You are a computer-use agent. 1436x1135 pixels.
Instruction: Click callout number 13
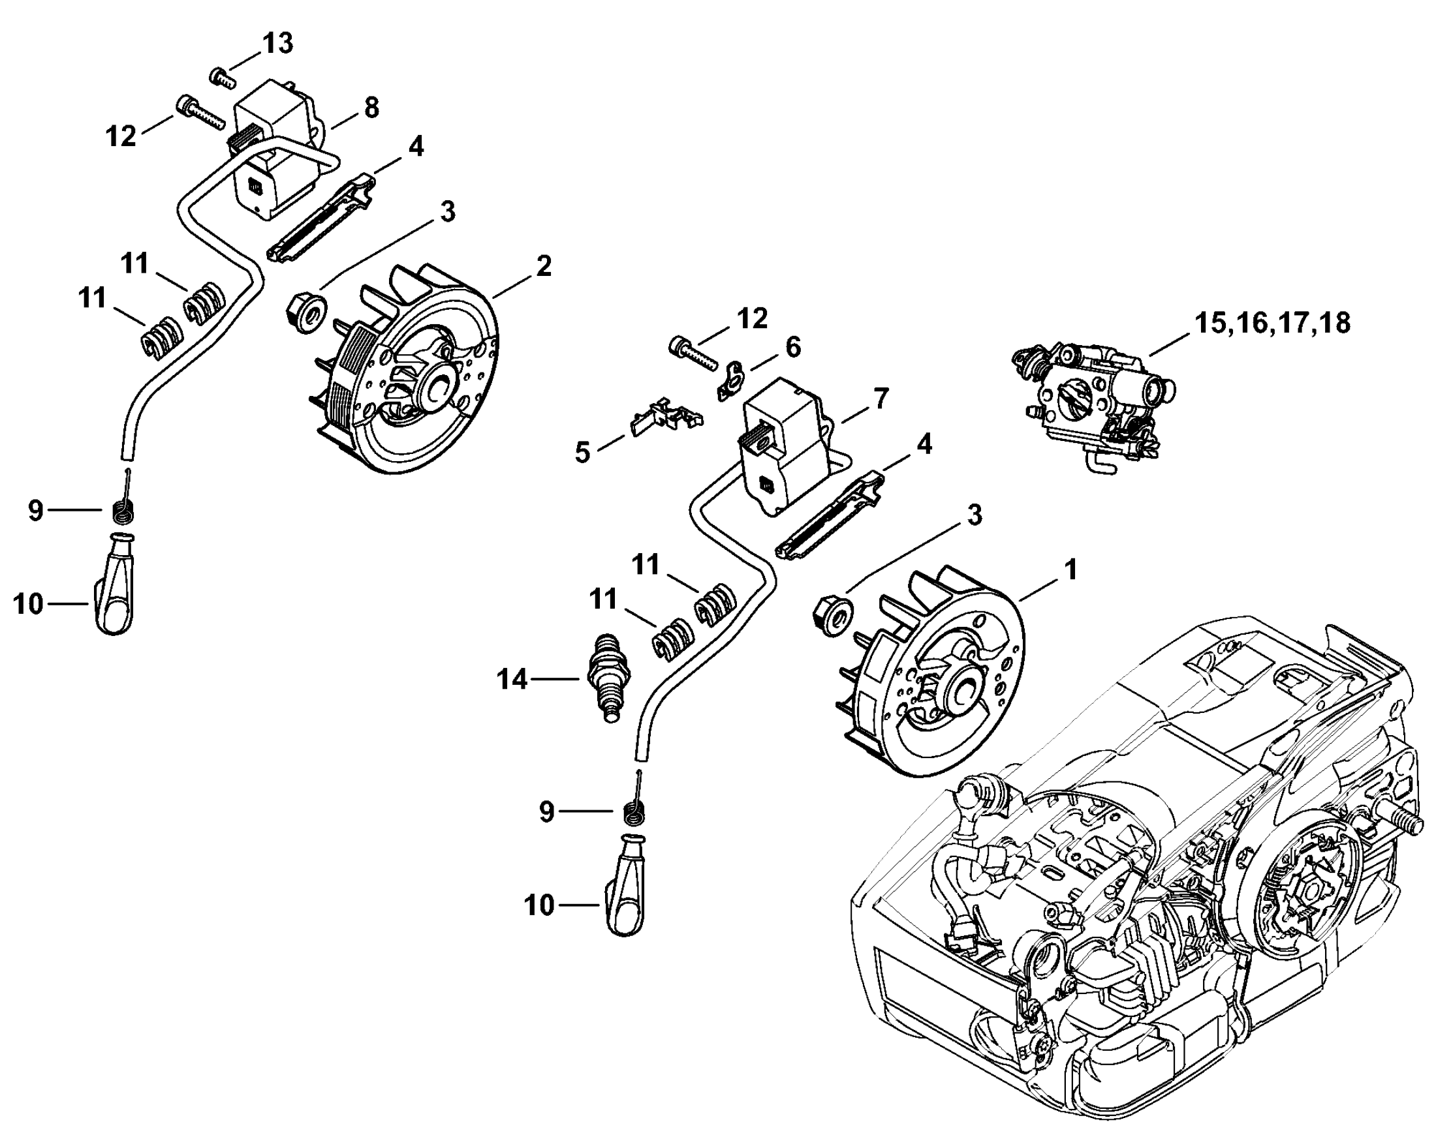[277, 44]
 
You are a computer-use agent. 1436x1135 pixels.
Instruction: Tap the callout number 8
[371, 107]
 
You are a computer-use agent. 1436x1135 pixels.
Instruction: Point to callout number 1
[1070, 569]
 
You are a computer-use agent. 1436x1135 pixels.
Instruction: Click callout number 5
[582, 453]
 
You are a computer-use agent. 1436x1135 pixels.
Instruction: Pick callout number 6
[792, 346]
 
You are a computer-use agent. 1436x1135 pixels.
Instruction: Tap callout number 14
[512, 679]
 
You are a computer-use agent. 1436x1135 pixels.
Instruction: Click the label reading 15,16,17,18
[1272, 323]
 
